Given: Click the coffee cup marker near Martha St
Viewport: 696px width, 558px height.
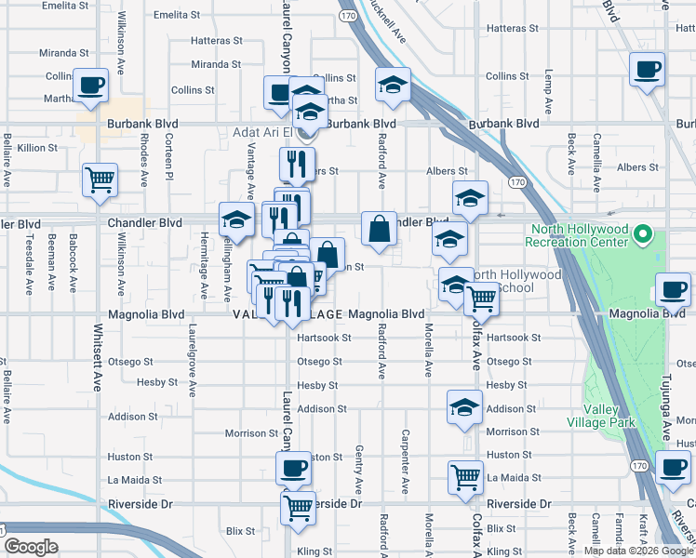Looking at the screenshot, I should pyautogui.click(x=90, y=86).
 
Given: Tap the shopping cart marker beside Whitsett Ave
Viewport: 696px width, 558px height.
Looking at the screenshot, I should pyautogui.click(x=100, y=179).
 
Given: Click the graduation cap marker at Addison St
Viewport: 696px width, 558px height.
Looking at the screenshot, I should pyautogui.click(x=464, y=407).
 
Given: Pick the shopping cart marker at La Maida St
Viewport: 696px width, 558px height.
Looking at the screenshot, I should pyautogui.click(x=465, y=478).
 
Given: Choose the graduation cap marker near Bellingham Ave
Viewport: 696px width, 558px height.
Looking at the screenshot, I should pyautogui.click(x=236, y=220).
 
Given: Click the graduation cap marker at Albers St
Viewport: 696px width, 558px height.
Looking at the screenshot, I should pyautogui.click(x=471, y=197).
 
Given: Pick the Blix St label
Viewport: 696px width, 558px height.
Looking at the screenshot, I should pyautogui.click(x=240, y=530).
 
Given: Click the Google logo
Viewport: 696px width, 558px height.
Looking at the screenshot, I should pyautogui.click(x=31, y=547).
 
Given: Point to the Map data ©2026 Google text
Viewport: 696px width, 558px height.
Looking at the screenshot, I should pyautogui.click(x=638, y=551).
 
